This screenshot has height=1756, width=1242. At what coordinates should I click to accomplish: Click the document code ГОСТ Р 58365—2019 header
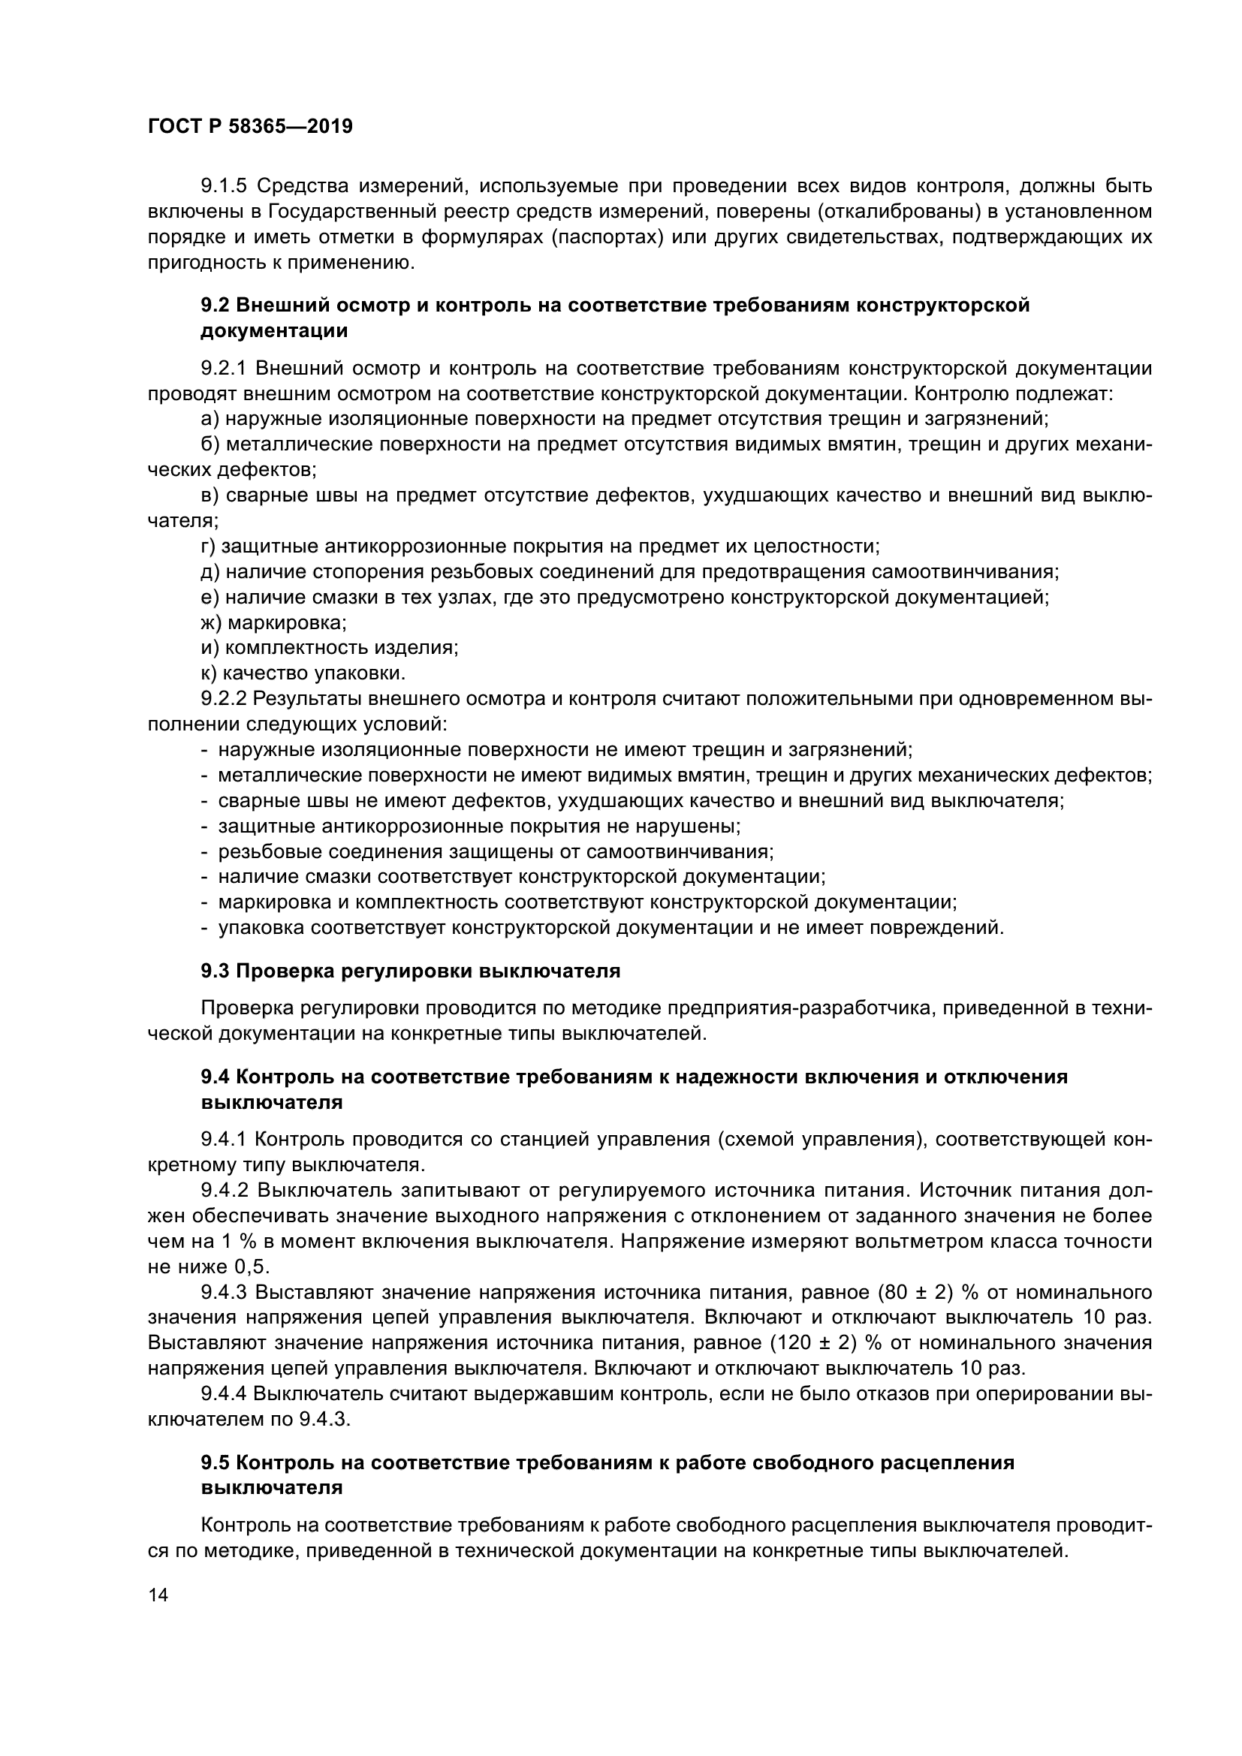[x=250, y=127]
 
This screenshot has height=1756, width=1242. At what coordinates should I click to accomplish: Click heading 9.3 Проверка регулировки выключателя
[x=410, y=971]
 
